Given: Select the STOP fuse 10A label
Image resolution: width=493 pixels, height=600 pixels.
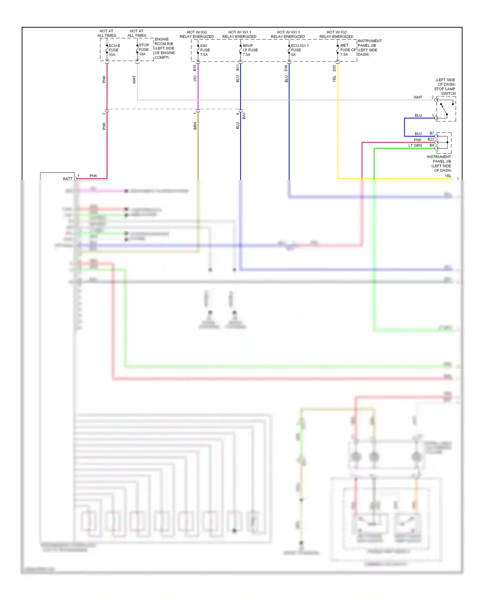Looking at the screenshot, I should coord(144,50).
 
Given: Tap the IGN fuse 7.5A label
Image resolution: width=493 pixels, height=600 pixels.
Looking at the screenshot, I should coord(205,50).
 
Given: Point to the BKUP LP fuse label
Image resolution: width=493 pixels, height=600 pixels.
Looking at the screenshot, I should coord(250,50).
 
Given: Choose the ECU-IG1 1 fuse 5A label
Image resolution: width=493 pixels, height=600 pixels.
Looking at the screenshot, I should coord(299,50).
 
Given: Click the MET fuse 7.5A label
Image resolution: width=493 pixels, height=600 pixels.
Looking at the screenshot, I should coord(348,50).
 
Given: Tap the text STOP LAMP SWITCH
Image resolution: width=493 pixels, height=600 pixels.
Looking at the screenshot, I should coord(445,91).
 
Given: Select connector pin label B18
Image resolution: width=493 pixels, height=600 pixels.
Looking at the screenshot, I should coord(195,68).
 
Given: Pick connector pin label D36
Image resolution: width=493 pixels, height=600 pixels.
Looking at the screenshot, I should coord(286,68).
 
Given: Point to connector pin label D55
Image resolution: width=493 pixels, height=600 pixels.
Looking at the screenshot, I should coord(334,68).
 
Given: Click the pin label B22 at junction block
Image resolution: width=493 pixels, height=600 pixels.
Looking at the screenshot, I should coord(431,139).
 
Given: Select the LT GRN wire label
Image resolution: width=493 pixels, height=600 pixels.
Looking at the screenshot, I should coord(415,145).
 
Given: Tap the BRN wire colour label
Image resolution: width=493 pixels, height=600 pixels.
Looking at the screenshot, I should coord(195,126).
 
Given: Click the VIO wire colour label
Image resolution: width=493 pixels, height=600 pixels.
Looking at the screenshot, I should coord(195,78).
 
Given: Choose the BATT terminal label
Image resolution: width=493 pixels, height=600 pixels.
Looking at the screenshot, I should coord(68,179).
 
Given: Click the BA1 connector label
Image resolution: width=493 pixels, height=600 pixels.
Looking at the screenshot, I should coord(244,116).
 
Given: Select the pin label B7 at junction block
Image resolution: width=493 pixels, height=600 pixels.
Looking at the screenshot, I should coord(432,133).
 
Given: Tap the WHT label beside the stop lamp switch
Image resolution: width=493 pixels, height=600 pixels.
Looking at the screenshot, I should coord(417,97).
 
